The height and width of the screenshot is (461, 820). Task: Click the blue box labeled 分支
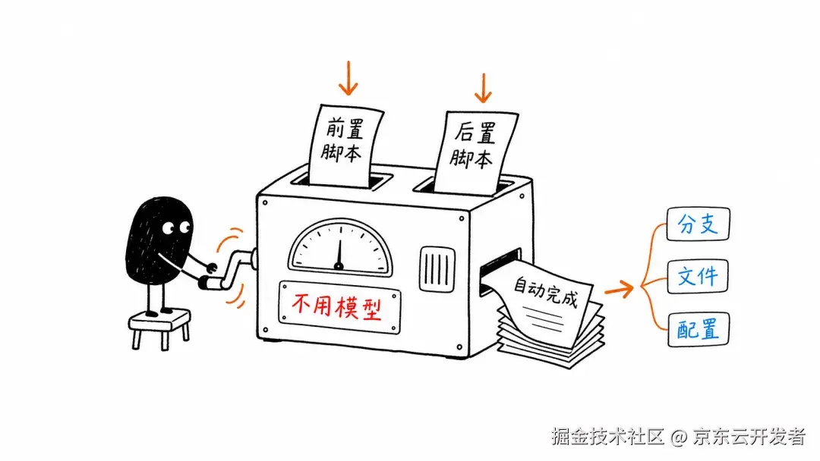[x=699, y=224]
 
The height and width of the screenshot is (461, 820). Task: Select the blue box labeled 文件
[x=698, y=276]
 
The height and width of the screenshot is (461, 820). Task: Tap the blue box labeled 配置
[x=699, y=329]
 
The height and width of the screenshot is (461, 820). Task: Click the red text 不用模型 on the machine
[x=336, y=306]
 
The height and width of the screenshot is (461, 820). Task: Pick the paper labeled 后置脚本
[x=475, y=152]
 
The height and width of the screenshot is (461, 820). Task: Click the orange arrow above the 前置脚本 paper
[x=348, y=78]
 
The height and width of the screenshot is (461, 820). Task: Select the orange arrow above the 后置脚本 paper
[x=483, y=88]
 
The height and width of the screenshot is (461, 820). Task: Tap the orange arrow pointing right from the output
[x=620, y=289]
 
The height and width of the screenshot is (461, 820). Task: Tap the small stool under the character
[x=160, y=328]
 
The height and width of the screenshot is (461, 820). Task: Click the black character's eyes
[x=175, y=228]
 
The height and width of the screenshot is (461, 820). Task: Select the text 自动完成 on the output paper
[x=545, y=292]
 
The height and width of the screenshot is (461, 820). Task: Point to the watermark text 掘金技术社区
[x=607, y=437]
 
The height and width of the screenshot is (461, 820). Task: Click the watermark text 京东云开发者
[x=749, y=437]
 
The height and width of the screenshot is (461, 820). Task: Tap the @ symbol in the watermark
[x=678, y=437]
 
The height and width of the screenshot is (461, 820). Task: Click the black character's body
[x=159, y=241]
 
